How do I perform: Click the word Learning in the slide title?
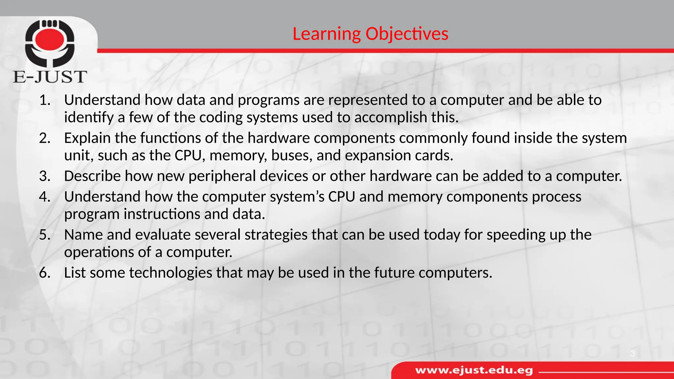326,34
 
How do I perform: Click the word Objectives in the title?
407,34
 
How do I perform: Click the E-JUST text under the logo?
50,77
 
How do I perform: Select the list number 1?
44,100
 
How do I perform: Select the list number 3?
44,176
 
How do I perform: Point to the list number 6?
44,273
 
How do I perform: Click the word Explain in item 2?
87,138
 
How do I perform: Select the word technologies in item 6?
170,273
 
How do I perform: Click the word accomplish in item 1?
390,117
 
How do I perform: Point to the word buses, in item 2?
292,155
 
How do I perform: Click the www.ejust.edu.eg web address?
474,370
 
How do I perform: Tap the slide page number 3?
633,354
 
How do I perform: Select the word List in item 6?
74,273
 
